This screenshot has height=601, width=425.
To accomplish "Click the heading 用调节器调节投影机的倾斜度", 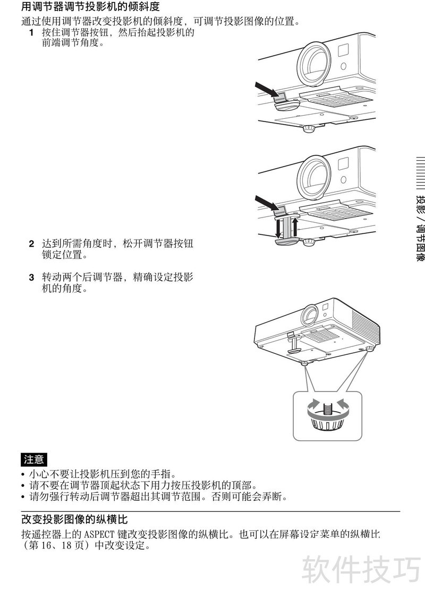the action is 90,6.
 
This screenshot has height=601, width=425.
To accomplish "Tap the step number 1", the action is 31,32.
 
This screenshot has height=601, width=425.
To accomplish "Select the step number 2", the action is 31,244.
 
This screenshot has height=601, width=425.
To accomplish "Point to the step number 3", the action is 31,277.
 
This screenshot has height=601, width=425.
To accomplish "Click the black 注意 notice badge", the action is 34,459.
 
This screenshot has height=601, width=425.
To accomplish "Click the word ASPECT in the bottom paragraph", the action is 99,534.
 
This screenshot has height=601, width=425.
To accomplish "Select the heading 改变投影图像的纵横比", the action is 74,519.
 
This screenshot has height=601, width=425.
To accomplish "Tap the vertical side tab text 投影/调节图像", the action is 420,229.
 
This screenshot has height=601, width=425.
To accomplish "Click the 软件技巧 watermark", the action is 361,570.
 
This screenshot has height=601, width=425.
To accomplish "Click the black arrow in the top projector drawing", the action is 268,90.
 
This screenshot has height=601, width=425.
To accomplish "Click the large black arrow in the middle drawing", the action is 268,203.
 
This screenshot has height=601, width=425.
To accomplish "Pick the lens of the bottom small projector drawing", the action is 309,315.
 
